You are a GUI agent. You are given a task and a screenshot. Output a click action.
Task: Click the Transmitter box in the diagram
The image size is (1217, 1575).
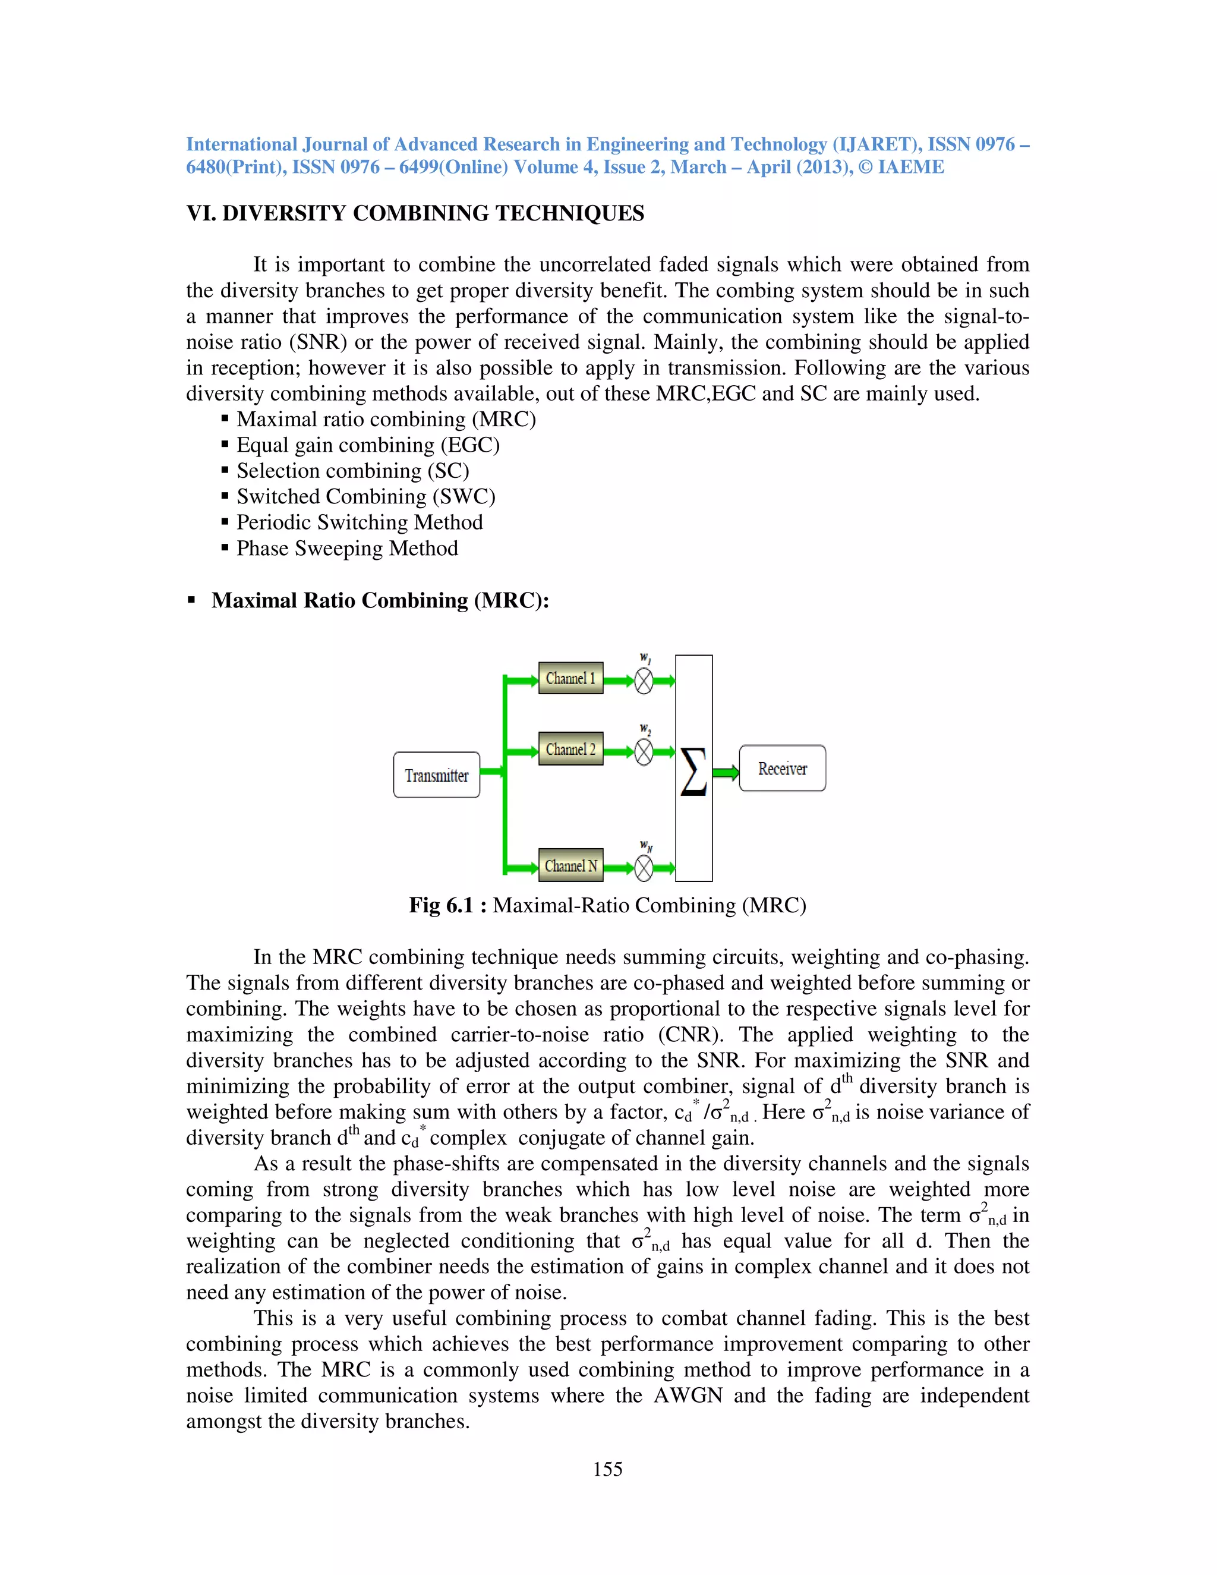click(x=436, y=775)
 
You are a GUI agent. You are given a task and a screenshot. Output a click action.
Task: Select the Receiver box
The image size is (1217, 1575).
click(x=782, y=768)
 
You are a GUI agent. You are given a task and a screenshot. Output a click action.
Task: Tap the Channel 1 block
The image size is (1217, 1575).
click(x=570, y=679)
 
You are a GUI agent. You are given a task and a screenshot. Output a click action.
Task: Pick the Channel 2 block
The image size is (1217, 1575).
click(x=570, y=749)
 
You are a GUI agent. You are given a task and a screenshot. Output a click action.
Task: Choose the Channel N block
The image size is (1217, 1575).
click(x=570, y=865)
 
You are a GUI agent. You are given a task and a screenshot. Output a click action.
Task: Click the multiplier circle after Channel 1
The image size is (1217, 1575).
click(x=644, y=681)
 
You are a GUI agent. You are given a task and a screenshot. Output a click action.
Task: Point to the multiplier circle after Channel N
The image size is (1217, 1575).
click(x=644, y=868)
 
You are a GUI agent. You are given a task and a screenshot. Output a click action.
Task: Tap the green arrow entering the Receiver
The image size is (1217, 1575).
click(x=726, y=773)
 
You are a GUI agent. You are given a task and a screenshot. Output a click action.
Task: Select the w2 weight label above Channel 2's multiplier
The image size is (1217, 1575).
click(x=645, y=729)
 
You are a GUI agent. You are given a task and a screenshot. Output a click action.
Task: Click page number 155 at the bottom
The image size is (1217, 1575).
click(x=607, y=1469)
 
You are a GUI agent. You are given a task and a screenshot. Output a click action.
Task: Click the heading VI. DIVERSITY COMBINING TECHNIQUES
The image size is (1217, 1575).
click(x=415, y=213)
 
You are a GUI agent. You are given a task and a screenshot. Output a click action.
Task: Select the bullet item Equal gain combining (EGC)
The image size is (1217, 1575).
click(x=368, y=445)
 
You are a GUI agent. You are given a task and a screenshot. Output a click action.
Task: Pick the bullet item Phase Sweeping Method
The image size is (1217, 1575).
click(x=347, y=548)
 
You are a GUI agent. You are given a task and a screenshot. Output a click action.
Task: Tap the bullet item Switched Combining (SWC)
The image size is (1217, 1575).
click(x=365, y=497)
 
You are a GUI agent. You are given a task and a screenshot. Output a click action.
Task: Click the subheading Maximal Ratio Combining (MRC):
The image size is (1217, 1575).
click(x=380, y=601)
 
